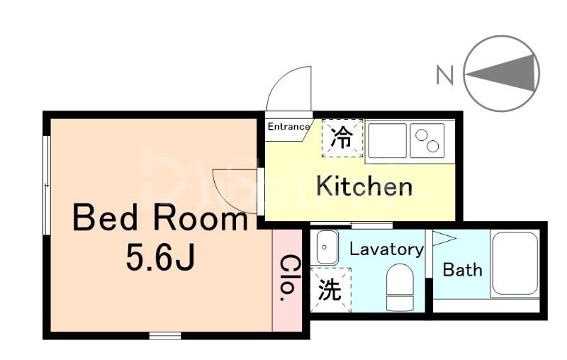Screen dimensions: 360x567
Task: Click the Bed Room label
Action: point(159,219)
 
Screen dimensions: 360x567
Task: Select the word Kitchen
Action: point(364,186)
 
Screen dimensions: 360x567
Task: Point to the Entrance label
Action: point(288,128)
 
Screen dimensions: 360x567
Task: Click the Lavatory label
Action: point(386,249)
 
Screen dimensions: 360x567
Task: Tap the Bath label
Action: point(462,269)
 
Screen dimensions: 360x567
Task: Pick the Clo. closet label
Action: point(289,278)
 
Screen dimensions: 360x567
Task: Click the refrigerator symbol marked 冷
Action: point(342,136)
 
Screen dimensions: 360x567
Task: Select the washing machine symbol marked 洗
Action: point(328,291)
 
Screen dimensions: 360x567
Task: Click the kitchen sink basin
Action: point(386,140)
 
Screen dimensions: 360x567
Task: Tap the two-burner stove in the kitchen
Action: point(427,140)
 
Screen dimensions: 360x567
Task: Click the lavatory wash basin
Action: point(327,247)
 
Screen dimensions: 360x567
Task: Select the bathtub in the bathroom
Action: point(515,264)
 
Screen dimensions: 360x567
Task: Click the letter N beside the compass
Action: point(444,74)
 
